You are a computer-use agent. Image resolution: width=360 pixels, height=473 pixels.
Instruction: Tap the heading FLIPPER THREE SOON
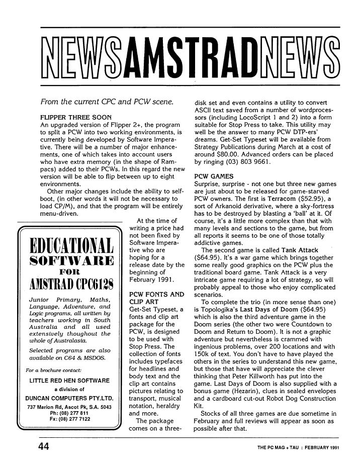75,117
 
